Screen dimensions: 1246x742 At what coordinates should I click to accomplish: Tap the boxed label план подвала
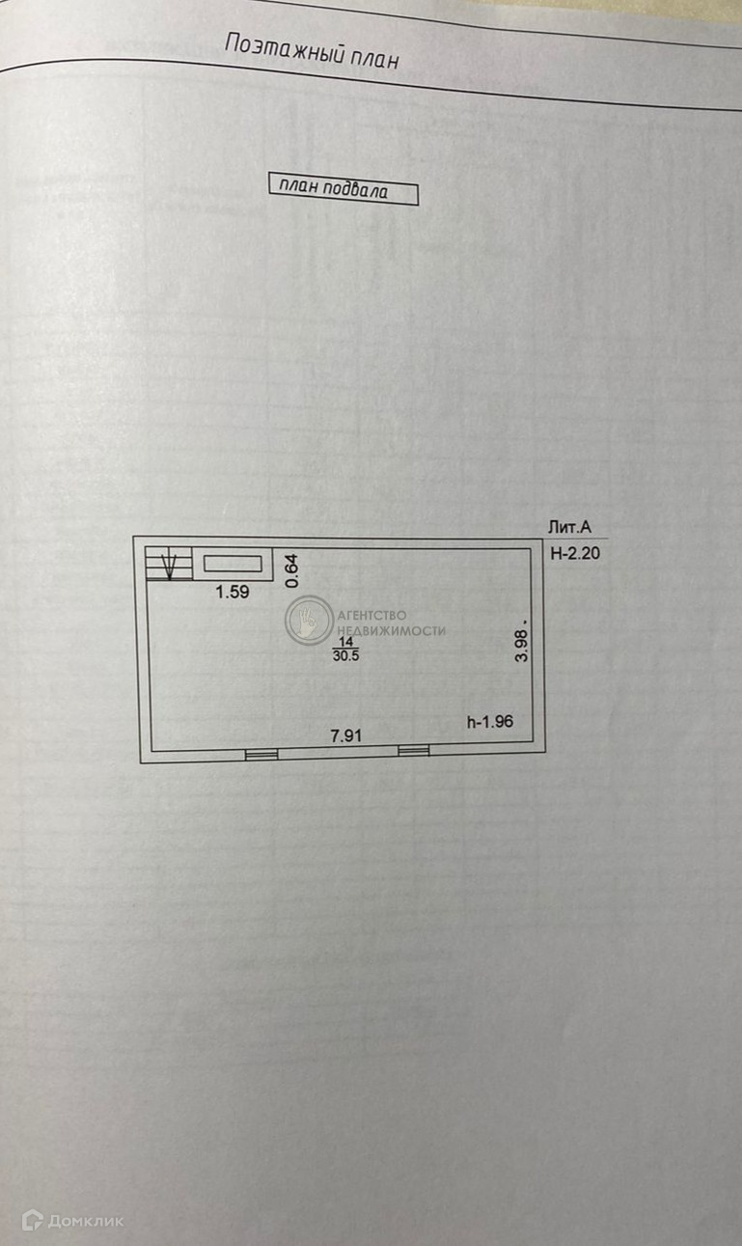(x=343, y=191)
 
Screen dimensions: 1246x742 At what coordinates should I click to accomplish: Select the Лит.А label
(x=568, y=527)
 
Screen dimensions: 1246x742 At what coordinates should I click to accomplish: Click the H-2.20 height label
(x=574, y=554)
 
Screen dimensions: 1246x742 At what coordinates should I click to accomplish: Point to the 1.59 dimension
(x=233, y=593)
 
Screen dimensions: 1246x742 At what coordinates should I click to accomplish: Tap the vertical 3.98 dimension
(x=522, y=643)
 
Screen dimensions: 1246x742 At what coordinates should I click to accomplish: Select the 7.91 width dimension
(x=345, y=735)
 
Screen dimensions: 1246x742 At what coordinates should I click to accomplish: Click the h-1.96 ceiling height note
(x=489, y=721)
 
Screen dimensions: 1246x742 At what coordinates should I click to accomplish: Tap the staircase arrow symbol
(x=169, y=564)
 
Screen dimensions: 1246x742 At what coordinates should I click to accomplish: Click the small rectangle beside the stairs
(x=234, y=564)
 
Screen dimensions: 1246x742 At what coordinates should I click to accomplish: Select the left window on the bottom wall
(x=261, y=754)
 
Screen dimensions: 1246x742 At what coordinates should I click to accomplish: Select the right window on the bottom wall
(x=414, y=750)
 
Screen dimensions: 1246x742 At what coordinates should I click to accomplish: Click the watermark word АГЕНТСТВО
(x=371, y=615)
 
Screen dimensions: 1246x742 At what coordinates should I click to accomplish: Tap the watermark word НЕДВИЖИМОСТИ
(x=389, y=630)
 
